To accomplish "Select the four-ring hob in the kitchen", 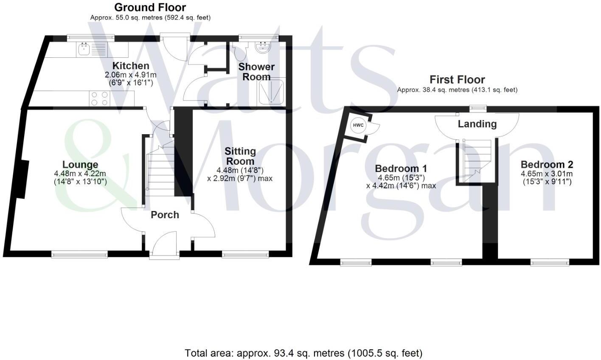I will [99, 99].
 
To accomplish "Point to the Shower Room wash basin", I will [263, 47].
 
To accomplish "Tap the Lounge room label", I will [80, 165].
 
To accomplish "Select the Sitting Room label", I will [240, 156].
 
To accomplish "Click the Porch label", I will [165, 215].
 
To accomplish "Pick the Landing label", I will [477, 124].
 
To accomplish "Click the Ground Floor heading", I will [150, 7].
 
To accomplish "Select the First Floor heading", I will [457, 79].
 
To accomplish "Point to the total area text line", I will [303, 353].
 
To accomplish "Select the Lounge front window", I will [79, 254].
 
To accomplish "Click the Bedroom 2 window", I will [550, 263].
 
